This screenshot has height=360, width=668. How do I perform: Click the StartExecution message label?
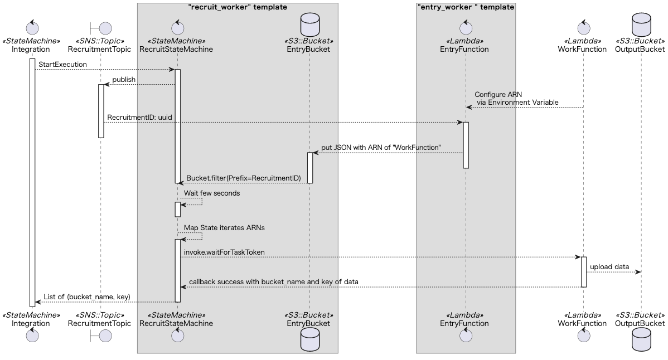pyautogui.click(x=62, y=65)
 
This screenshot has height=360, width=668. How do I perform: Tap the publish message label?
pyautogui.click(x=124, y=80)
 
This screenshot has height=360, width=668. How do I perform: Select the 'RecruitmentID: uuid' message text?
pyautogui.click(x=139, y=118)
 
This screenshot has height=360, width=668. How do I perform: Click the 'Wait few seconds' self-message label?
pyautogui.click(x=212, y=193)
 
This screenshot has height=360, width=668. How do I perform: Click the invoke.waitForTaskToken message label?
pyautogui.click(x=224, y=252)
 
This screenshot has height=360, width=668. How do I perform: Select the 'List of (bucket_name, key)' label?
pyautogui.click(x=87, y=297)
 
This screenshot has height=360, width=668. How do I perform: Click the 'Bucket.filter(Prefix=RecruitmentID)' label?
pyautogui.click(x=244, y=178)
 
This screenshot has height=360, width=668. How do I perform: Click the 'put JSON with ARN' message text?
pyautogui.click(x=381, y=148)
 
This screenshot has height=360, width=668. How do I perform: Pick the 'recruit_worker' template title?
pyautogui.click(x=238, y=7)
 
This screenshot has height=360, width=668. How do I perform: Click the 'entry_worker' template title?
pyautogui.click(x=466, y=7)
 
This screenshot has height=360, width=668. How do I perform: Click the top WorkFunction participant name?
pyautogui.click(x=582, y=49)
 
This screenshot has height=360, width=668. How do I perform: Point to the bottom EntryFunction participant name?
pyautogui.click(x=464, y=323)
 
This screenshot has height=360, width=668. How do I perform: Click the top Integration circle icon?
pyautogui.click(x=31, y=28)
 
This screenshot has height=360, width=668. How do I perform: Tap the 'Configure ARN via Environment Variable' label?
pyautogui.click(x=516, y=99)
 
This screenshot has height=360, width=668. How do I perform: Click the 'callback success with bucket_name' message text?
pyautogui.click(x=273, y=282)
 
